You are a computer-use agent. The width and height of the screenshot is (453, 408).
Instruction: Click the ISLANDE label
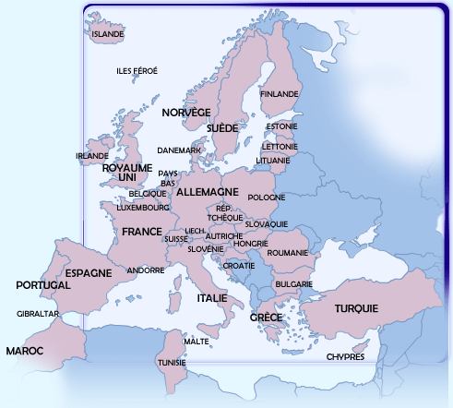coord(108,34)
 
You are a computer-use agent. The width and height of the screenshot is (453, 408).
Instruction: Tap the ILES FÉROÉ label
coord(137,71)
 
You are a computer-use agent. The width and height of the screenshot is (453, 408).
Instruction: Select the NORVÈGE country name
coord(186,112)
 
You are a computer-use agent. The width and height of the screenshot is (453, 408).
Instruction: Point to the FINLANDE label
coord(280,94)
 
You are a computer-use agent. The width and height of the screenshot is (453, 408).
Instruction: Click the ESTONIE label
coord(281,126)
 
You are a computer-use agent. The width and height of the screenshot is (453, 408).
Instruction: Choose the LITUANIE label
coord(273,160)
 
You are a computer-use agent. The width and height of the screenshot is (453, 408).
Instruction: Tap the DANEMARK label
coord(179,150)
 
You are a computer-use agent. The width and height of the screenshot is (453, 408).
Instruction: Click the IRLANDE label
coord(92,156)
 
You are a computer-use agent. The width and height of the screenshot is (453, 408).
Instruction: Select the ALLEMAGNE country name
coord(207,192)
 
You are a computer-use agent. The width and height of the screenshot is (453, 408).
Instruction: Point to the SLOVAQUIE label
coord(267,224)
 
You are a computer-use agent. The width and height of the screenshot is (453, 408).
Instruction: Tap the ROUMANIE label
coord(287,252)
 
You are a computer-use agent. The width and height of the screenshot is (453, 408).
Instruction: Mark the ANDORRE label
coord(145,270)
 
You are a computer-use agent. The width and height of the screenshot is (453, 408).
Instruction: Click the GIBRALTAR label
coord(38,314)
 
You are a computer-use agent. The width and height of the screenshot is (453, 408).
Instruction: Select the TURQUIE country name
coord(357,308)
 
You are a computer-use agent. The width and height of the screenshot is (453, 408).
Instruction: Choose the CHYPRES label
coord(346,356)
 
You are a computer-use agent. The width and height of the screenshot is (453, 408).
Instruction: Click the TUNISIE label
coord(173,363)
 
